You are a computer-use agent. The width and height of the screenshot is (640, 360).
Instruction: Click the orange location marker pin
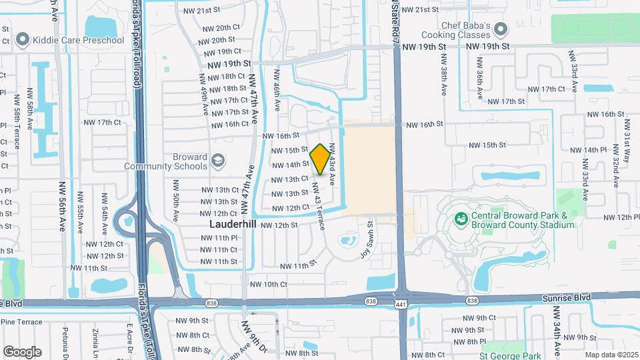[320, 159]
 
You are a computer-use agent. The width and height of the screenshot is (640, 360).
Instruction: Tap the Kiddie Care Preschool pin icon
[21, 40]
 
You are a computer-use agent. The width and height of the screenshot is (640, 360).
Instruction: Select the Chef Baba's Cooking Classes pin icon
[502, 30]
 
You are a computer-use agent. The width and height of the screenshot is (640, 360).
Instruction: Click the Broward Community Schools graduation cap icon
[218, 161]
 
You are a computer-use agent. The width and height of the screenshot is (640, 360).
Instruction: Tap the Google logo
[22, 351]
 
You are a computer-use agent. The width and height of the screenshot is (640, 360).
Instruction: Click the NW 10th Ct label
[269, 285]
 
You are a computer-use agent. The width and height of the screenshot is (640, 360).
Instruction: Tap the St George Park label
[511, 355]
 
